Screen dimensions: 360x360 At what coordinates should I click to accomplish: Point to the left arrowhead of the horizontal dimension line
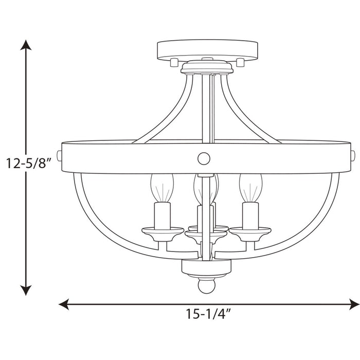pos(64,304)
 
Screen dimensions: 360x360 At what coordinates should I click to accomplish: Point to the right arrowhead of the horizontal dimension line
pos(354,304)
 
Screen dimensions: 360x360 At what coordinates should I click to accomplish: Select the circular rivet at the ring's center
pos(204,158)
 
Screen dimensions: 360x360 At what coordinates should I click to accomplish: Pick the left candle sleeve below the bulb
pos(161,215)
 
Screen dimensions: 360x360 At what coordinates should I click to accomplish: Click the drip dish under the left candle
pos(161,231)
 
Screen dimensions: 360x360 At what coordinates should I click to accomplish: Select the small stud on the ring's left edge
pos(59,155)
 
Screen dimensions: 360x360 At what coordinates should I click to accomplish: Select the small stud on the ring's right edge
pos(353,155)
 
